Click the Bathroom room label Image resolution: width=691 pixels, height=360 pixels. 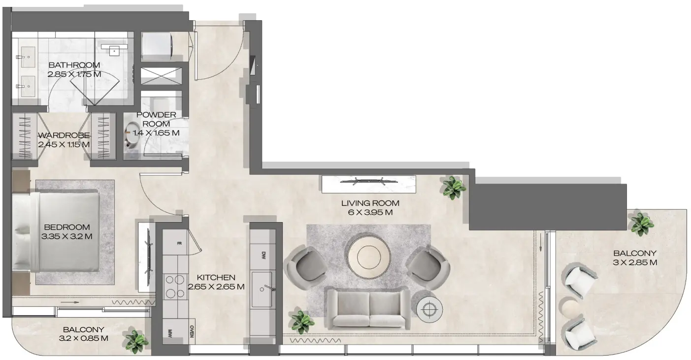pos(74,65)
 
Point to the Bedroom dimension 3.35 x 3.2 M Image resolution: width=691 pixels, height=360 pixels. pos(67,236)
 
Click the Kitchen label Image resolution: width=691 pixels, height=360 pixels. pos(216,278)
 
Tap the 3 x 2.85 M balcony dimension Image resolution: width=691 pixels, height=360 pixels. pos(634,262)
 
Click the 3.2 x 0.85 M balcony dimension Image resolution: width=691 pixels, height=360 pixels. pos(83,338)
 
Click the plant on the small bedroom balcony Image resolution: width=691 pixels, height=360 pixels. pos(136,341)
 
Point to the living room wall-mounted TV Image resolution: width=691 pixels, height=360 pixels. pos(368,181)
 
